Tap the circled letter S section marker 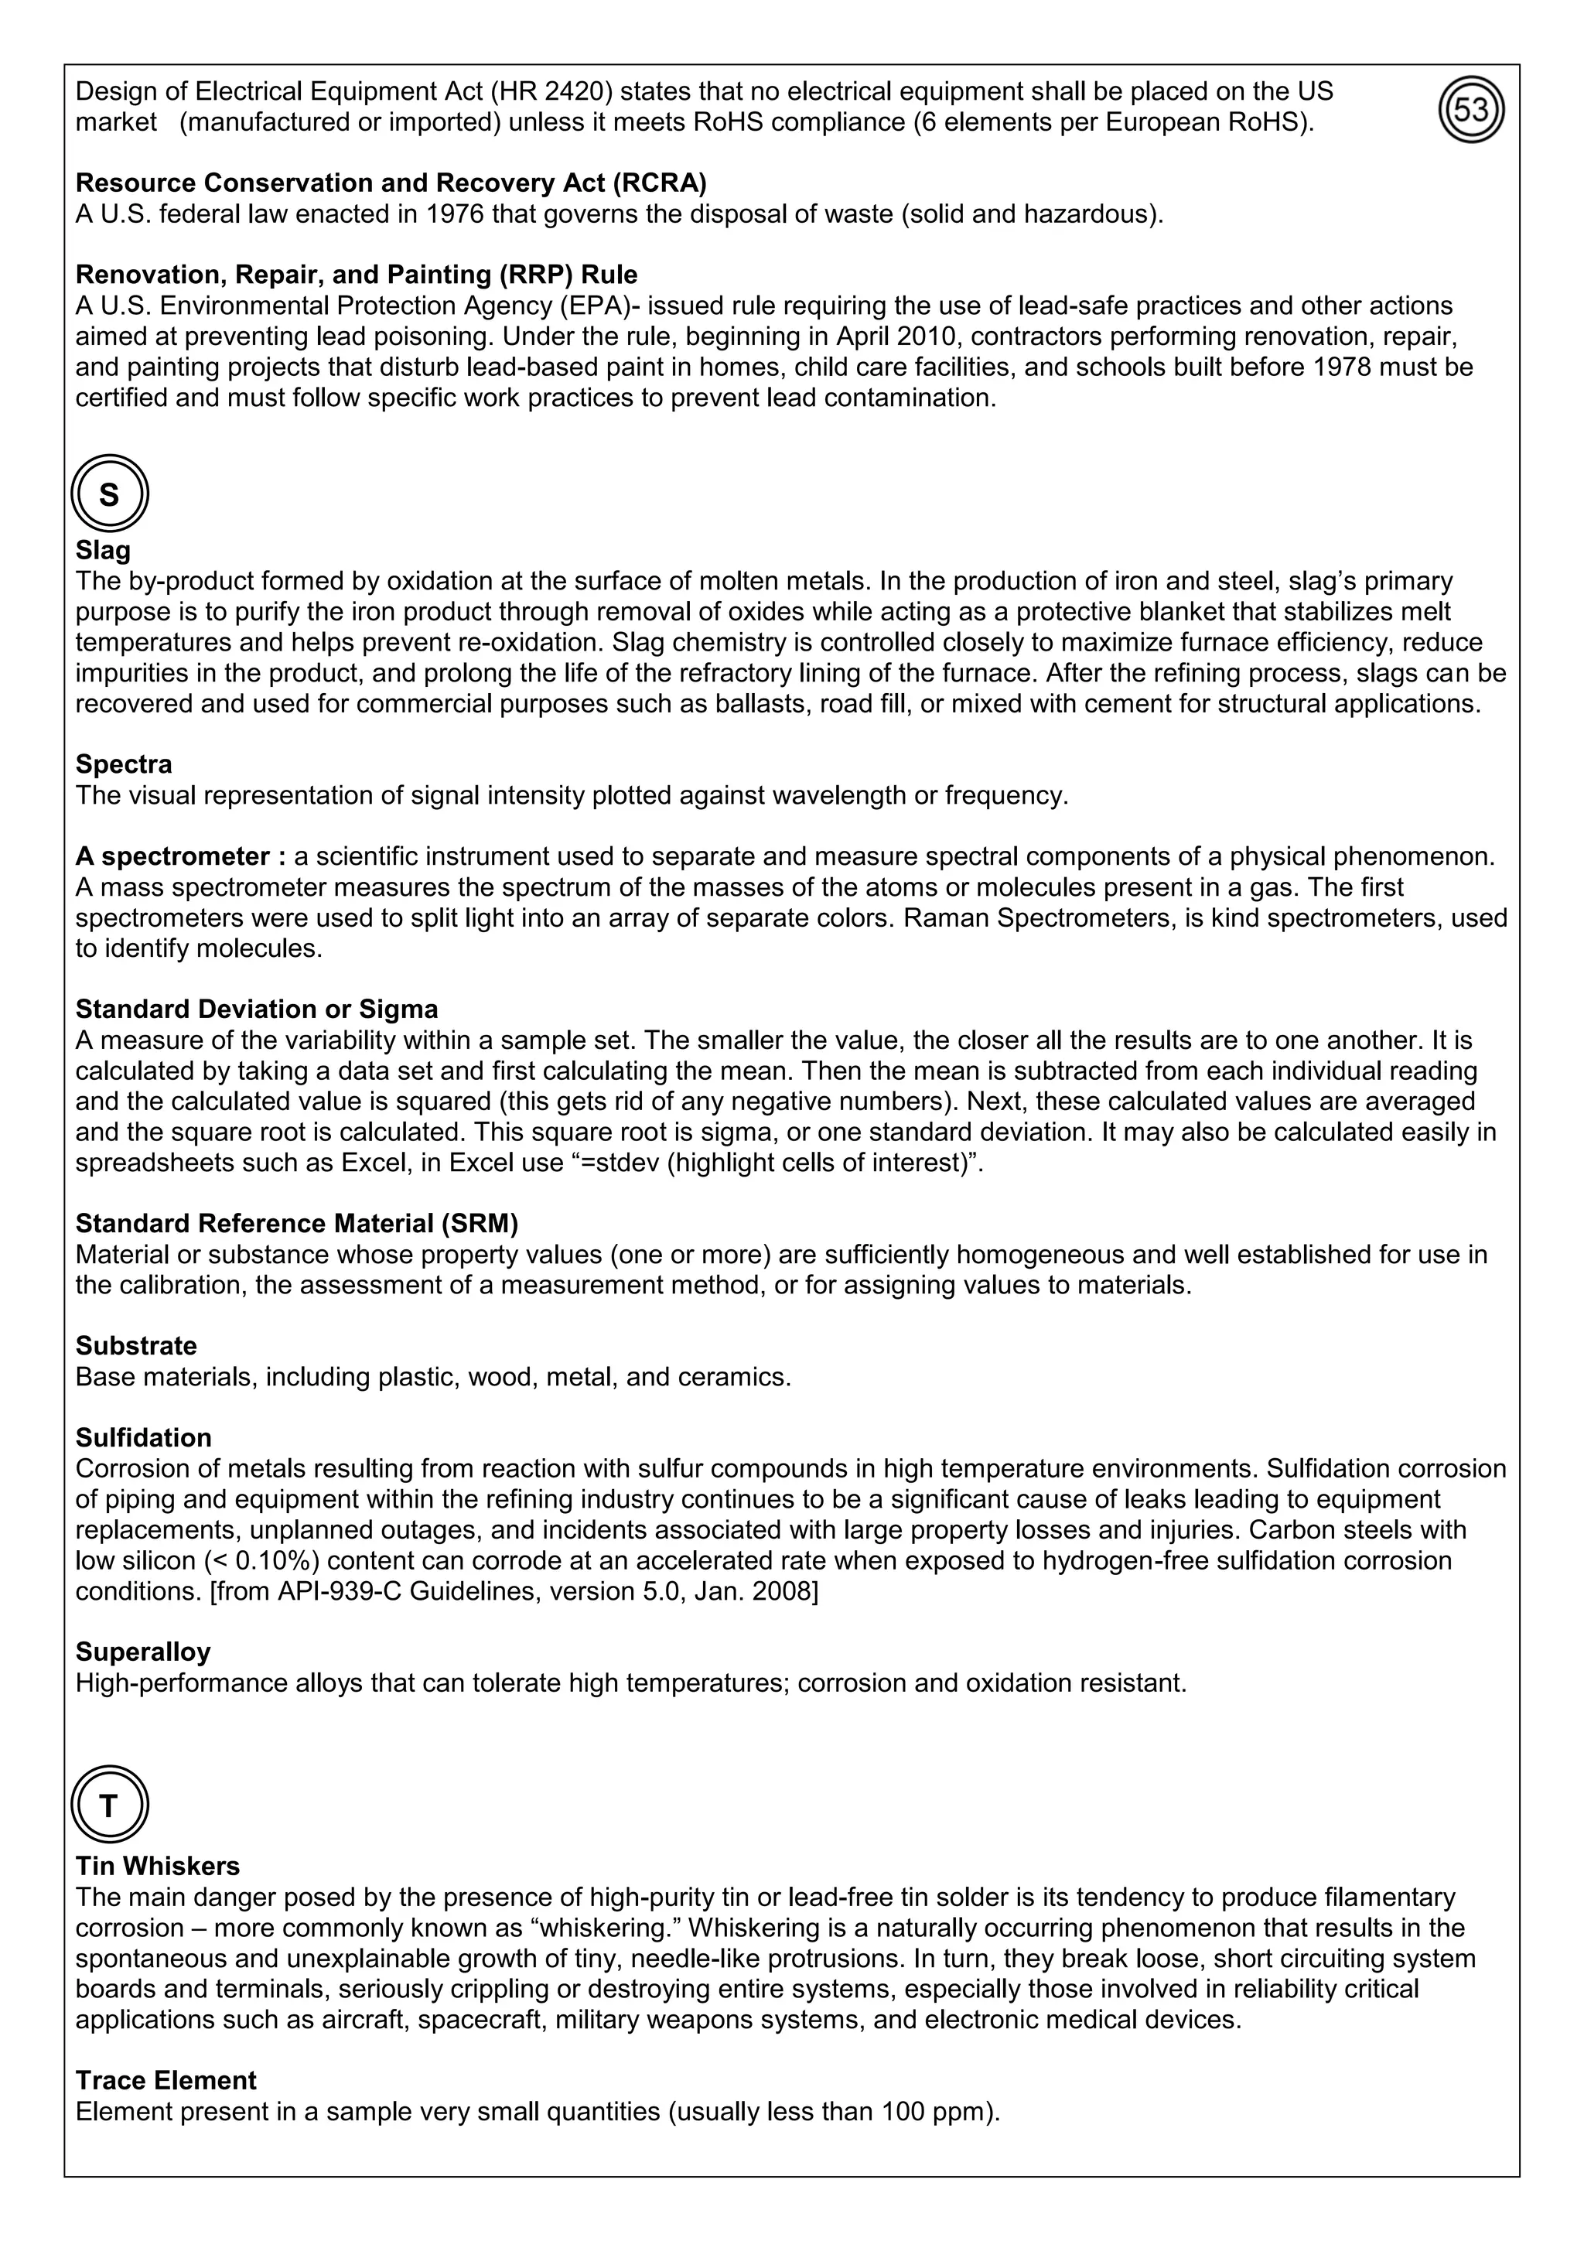(109, 495)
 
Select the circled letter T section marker (109, 1805)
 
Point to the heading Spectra (124, 764)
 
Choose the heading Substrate (135, 1346)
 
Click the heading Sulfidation (143, 1438)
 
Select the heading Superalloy (143, 1652)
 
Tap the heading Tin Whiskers (157, 1866)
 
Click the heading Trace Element (166, 2080)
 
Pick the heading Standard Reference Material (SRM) (297, 1223)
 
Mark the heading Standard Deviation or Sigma (257, 1009)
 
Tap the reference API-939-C (339, 1591)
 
